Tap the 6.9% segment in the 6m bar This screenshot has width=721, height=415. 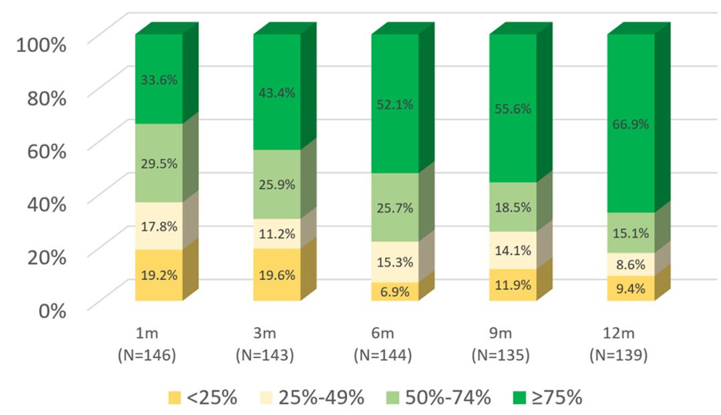(x=395, y=291)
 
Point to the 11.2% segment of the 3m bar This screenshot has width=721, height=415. (x=277, y=233)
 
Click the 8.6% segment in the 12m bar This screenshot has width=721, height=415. (x=631, y=265)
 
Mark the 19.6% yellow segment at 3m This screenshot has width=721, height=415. (x=277, y=275)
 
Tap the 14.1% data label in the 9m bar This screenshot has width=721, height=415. (x=513, y=251)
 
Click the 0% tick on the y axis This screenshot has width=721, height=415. (x=51, y=310)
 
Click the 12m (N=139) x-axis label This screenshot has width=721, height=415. (x=620, y=345)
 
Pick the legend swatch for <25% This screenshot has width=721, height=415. (x=176, y=398)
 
